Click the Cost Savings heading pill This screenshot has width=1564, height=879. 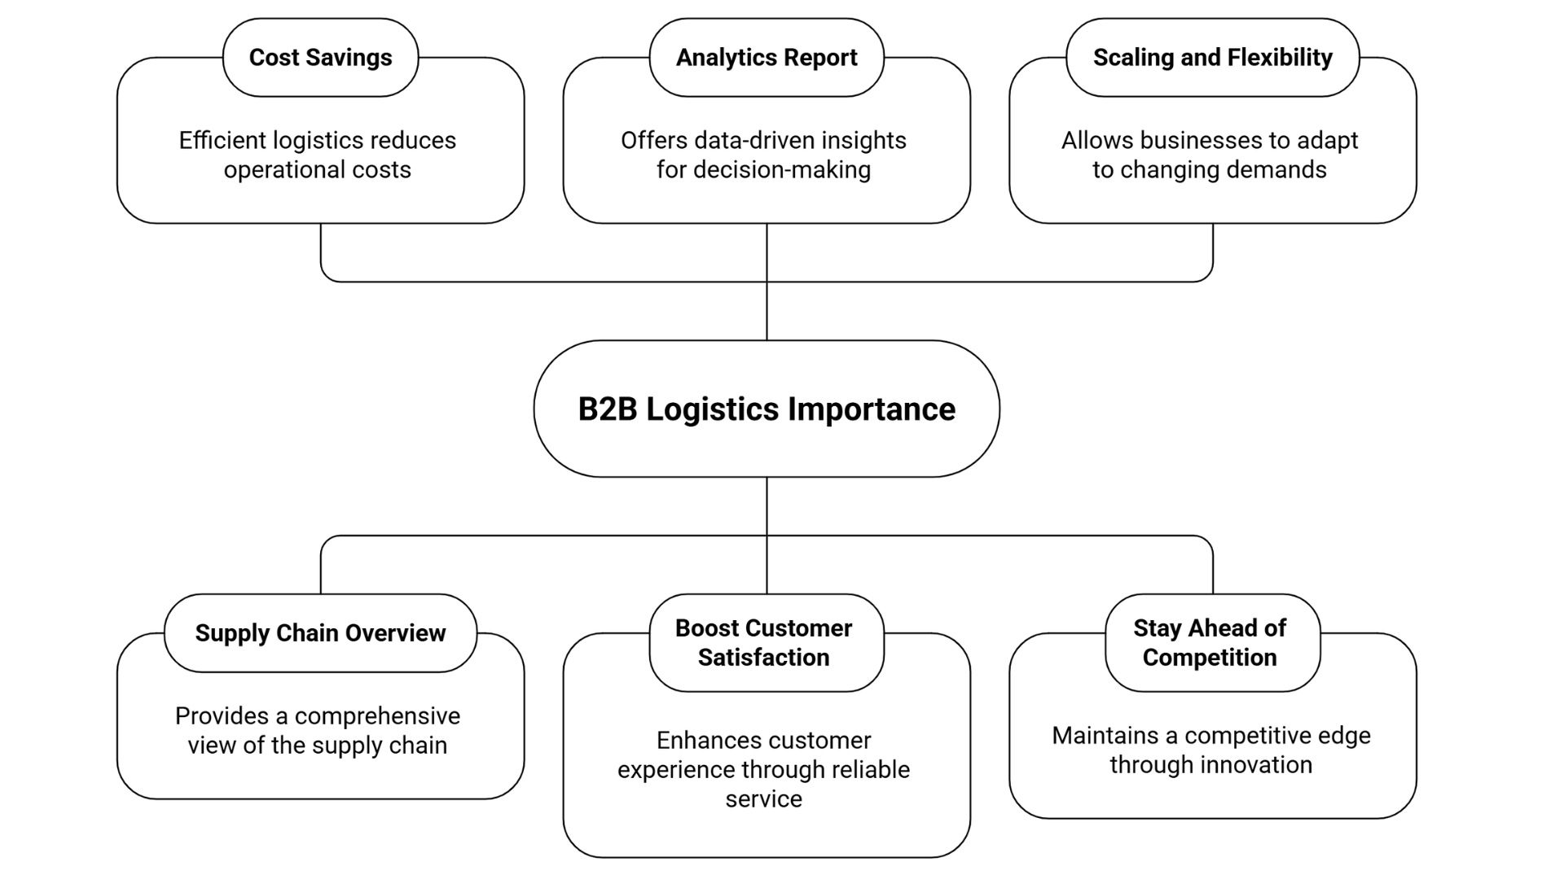(x=320, y=58)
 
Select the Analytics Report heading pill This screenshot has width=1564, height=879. (x=766, y=58)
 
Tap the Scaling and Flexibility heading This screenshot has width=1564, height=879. (x=1212, y=58)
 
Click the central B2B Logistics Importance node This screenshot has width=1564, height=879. (x=766, y=409)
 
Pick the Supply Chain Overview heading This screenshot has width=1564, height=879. (x=320, y=633)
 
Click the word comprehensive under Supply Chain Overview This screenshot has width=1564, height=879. (x=377, y=716)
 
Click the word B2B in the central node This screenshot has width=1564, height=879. (x=607, y=409)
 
